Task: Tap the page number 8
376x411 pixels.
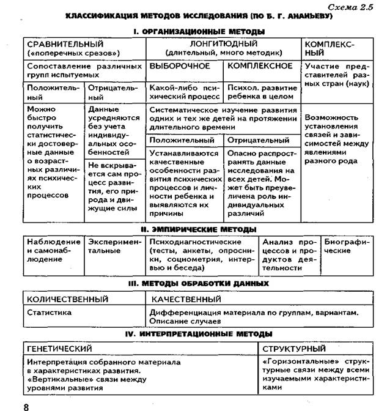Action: [26, 405]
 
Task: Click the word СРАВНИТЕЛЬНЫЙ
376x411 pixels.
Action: [64, 44]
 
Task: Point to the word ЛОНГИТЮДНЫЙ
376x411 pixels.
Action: [223, 44]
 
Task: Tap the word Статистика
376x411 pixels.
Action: [50, 312]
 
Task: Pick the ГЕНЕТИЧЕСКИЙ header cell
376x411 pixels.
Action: [60, 349]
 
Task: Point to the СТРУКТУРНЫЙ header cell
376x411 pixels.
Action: [293, 349]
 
